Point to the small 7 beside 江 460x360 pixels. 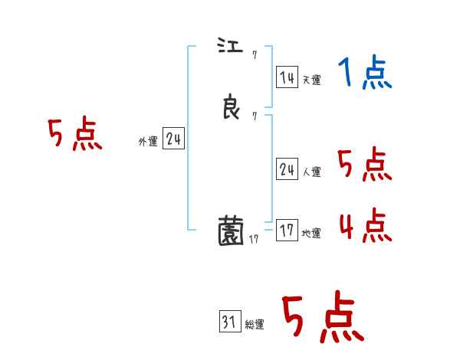(x=254, y=54)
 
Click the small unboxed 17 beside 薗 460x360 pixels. (x=255, y=239)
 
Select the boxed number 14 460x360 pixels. (x=287, y=77)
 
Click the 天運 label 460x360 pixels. (x=311, y=80)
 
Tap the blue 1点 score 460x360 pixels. (x=365, y=74)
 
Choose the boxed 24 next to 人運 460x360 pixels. (x=287, y=170)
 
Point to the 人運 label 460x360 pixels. (x=311, y=172)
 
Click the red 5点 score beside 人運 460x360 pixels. (x=365, y=165)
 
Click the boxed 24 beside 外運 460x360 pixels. (x=173, y=139)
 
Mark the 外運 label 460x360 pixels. (x=148, y=142)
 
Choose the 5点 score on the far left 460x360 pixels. (x=74, y=136)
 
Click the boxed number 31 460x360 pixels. (x=228, y=322)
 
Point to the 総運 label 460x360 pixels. (x=254, y=325)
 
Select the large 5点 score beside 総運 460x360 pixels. (x=322, y=318)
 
